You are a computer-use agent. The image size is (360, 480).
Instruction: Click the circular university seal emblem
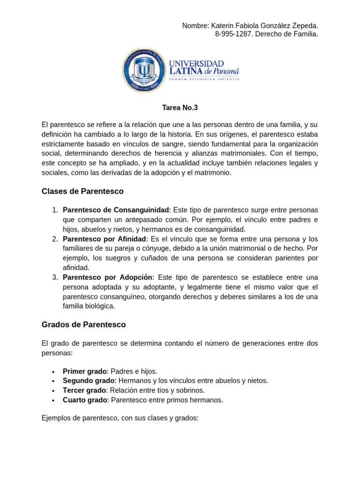[x=144, y=71]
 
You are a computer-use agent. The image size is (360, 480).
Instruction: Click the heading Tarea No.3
[x=180, y=108]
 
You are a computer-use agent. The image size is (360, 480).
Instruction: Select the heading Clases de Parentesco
[x=82, y=191]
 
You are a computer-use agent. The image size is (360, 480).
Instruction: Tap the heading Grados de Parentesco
[x=83, y=324]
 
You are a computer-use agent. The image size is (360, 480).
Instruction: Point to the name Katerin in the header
[x=223, y=25]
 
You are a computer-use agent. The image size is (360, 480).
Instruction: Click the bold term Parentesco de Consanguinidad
[x=116, y=210]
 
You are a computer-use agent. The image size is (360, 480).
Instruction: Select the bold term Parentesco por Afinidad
[x=105, y=239]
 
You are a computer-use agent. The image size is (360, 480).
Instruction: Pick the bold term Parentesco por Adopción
[x=108, y=277]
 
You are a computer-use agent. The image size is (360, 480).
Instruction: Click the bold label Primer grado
[x=85, y=371]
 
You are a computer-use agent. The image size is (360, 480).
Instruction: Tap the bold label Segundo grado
[x=89, y=381]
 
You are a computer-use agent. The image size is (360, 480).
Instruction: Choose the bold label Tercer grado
[x=84, y=390]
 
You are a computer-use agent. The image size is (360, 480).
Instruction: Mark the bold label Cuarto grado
[x=85, y=400]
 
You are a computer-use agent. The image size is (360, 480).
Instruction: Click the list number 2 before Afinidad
[x=54, y=239]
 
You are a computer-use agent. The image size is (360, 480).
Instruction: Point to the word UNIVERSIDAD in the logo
[x=196, y=63]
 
